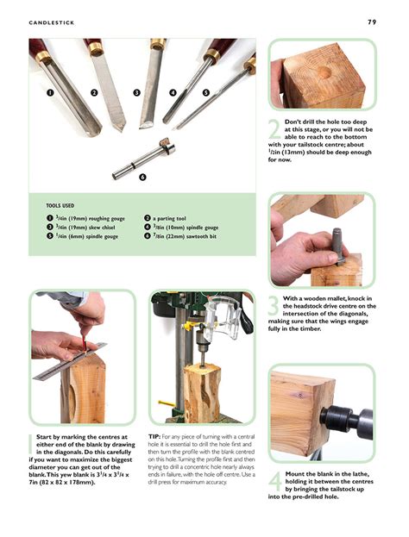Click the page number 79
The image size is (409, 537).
click(x=372, y=22)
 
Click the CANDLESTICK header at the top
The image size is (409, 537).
click(x=51, y=22)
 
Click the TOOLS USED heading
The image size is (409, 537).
click(x=65, y=205)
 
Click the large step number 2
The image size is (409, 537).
click(x=274, y=130)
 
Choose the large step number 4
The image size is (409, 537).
click(x=274, y=483)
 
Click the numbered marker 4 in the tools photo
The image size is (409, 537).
click(x=173, y=91)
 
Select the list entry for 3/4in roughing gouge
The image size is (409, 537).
click(x=86, y=218)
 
